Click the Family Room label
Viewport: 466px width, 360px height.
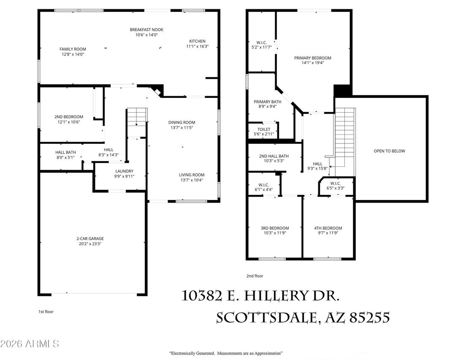73,49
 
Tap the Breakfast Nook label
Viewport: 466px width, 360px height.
146,30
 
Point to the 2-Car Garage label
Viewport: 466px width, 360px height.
93,238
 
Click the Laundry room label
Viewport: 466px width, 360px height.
124,171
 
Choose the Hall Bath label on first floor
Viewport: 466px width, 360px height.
65,152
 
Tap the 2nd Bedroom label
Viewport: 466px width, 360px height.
68,117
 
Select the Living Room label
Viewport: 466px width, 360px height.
192,175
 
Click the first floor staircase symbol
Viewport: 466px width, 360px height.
137,116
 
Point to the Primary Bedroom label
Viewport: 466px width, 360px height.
312,58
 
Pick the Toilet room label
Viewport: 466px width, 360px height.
265,129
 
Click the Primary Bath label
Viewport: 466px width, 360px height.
265,102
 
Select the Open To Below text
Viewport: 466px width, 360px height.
389,151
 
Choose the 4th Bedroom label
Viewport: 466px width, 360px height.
328,228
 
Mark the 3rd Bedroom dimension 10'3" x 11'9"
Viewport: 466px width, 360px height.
275,233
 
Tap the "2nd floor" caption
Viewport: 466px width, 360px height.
255,276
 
